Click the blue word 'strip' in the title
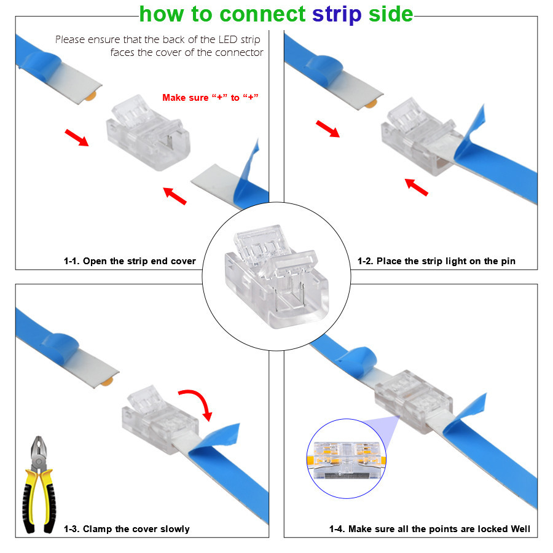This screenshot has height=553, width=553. [x=337, y=15]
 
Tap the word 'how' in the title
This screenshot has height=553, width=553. [x=162, y=14]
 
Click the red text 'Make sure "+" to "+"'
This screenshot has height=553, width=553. [x=210, y=98]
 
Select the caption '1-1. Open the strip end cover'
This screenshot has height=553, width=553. [x=130, y=261]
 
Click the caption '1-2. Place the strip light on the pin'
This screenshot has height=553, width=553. [x=436, y=261]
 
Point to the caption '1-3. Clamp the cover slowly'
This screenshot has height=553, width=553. [x=127, y=529]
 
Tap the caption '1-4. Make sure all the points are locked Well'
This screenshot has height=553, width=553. [x=429, y=529]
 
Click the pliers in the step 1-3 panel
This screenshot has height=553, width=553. [x=39, y=485]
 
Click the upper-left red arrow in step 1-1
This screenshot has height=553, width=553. [x=77, y=137]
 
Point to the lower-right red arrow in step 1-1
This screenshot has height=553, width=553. [x=175, y=196]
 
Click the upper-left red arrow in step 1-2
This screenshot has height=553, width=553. [x=327, y=128]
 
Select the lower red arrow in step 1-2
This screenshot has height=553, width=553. [x=416, y=187]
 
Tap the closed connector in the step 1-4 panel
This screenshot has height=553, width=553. [x=414, y=401]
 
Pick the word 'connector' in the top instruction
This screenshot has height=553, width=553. [x=239, y=53]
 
